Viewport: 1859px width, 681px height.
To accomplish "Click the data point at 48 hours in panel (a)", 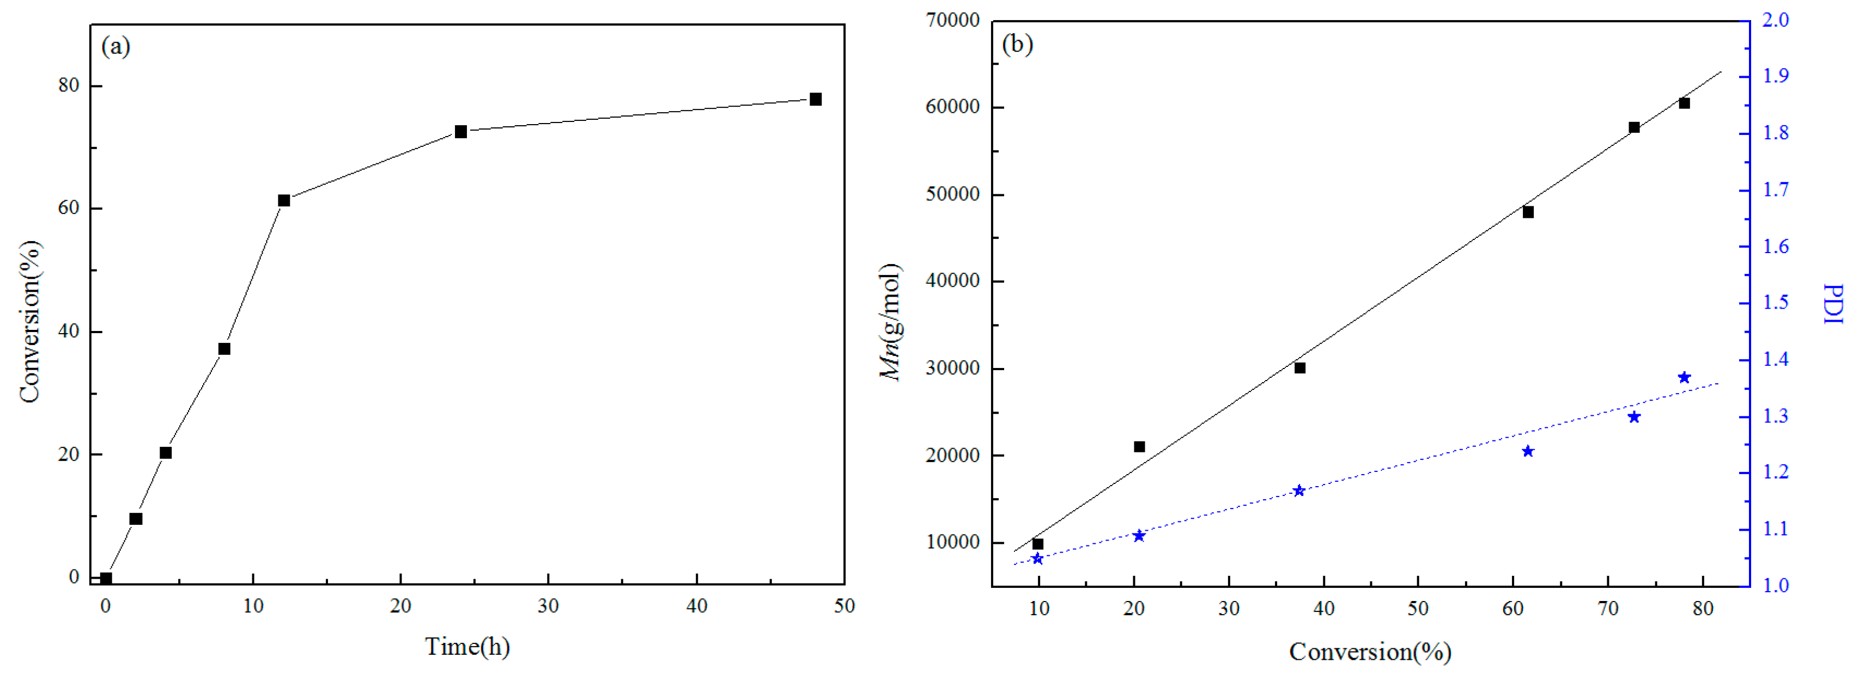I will pos(816,100).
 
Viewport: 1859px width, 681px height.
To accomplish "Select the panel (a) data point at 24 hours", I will pos(460,131).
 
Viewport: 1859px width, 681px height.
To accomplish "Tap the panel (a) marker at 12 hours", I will pos(284,200).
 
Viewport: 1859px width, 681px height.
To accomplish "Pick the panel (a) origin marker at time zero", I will pos(106,578).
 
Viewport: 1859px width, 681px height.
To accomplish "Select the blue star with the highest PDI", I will pos(1684,377).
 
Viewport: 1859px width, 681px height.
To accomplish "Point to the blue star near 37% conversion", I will pos(1299,490).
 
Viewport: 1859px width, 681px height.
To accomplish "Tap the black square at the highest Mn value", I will pos(1684,103).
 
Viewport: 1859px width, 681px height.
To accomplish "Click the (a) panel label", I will pos(116,47).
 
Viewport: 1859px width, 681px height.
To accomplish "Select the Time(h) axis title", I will pos(467,646).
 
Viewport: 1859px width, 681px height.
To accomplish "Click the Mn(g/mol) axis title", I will pos(890,322).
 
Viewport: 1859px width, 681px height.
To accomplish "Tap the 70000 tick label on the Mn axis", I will pos(952,20).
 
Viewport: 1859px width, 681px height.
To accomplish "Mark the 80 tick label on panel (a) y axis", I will pos(69,85).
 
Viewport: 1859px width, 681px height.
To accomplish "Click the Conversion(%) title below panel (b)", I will pos(1370,652).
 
